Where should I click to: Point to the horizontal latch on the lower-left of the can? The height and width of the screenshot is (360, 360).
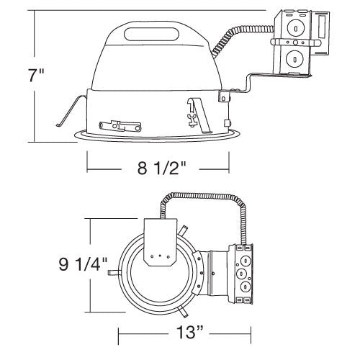tap(114, 127)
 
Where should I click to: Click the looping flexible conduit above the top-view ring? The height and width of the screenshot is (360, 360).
tap(202, 197)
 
